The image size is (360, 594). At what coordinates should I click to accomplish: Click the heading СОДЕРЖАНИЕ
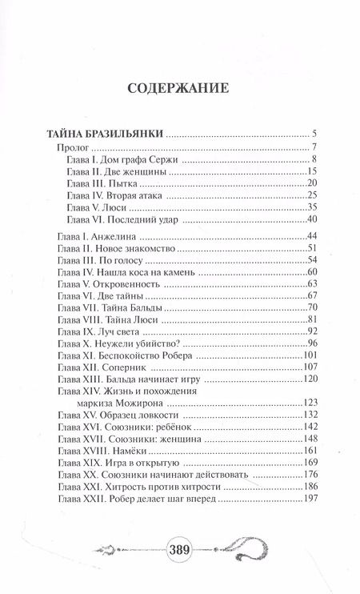click(x=178, y=88)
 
